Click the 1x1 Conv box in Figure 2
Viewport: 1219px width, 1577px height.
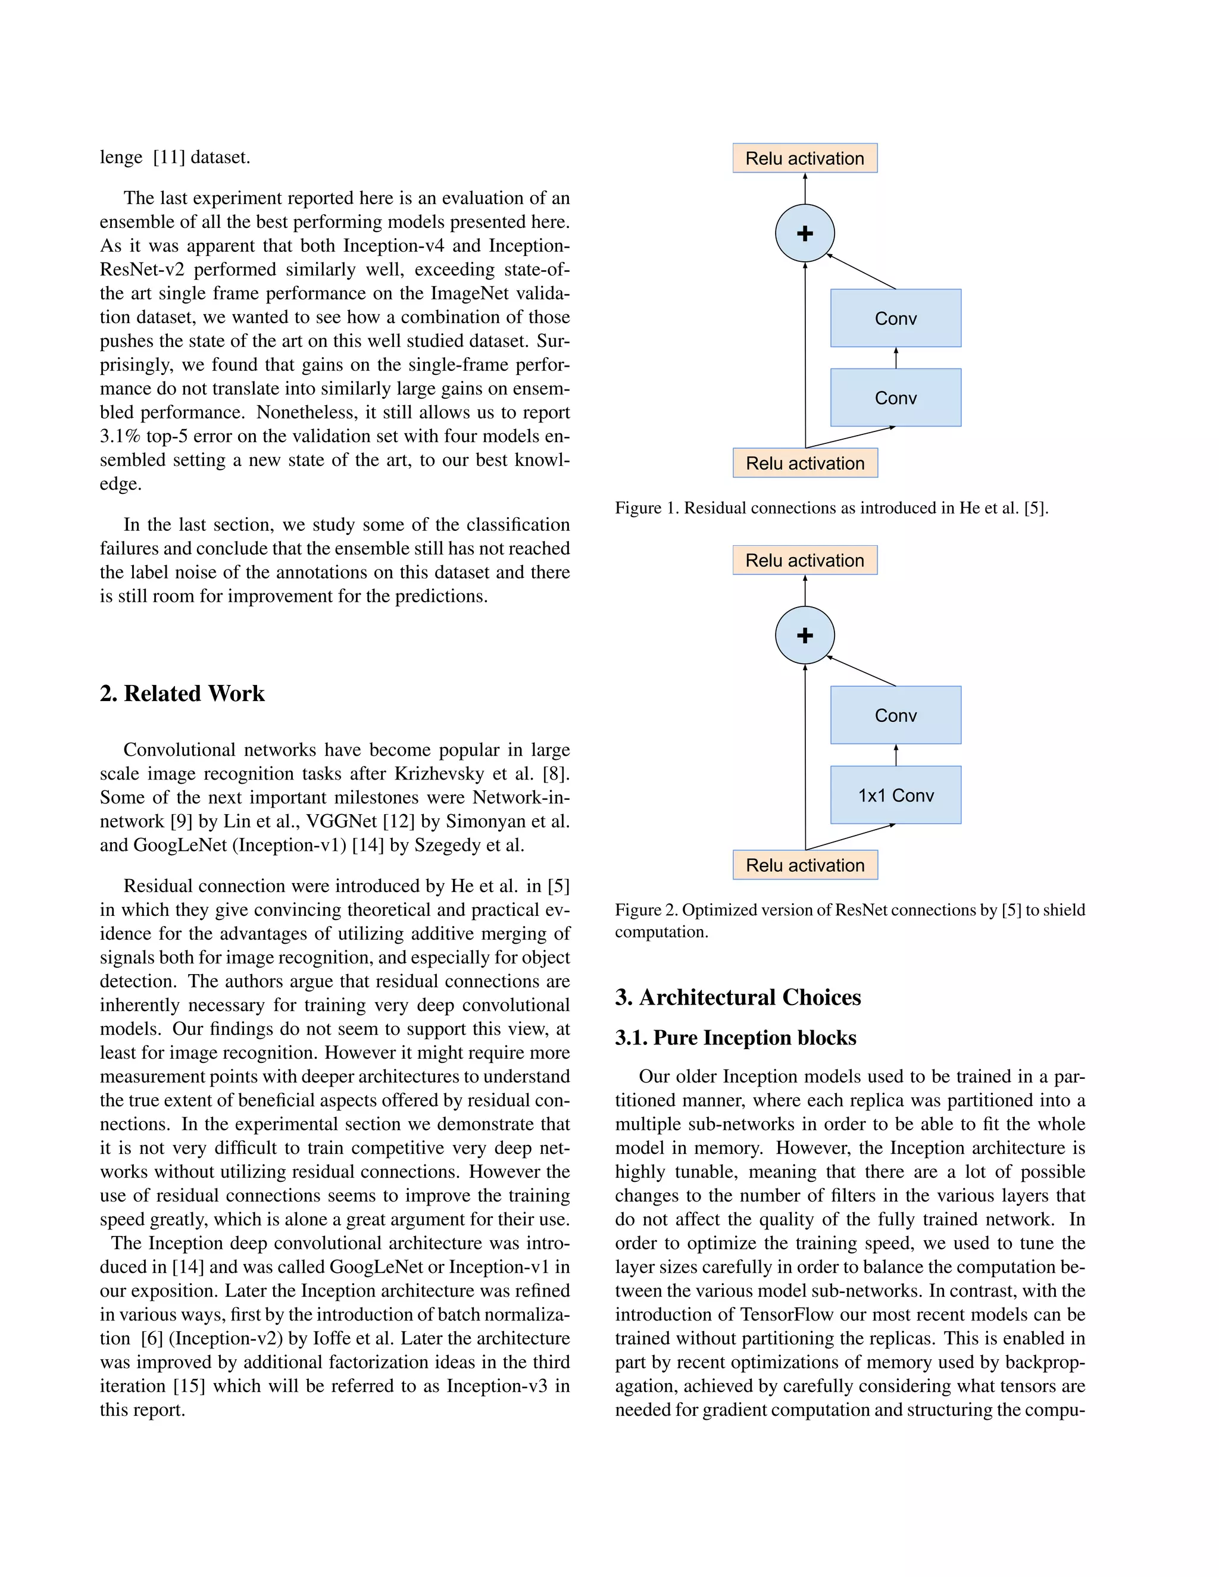pos(895,795)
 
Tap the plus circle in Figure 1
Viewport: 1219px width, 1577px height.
pos(805,233)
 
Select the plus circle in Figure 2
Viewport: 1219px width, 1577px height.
pos(805,636)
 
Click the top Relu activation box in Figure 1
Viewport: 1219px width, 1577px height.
pos(805,158)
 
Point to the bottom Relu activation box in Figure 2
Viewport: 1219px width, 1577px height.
pos(805,865)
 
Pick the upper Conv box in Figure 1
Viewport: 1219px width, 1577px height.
pos(895,318)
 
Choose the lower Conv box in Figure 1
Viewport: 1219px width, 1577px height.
pos(895,398)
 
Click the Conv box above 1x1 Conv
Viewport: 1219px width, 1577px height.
pos(895,715)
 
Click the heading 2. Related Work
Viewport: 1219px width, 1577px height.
pos(182,693)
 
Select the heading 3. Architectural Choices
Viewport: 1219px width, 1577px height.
pos(737,997)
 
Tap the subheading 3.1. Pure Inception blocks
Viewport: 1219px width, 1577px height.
pos(735,1038)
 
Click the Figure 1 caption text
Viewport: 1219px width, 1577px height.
pos(830,508)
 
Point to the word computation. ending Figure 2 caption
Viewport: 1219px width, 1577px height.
pos(661,932)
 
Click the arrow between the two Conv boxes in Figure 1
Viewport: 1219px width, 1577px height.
pos(895,358)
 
